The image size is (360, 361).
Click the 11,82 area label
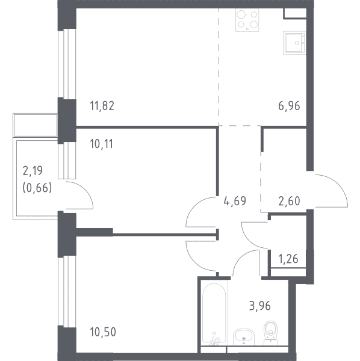coord(102,106)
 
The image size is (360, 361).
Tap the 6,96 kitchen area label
coord(289,106)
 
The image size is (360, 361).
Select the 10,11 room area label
coord(102,144)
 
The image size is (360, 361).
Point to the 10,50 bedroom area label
coord(103,332)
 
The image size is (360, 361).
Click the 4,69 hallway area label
coord(235,201)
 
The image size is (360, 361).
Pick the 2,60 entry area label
coord(289,201)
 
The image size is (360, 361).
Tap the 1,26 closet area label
coord(288,259)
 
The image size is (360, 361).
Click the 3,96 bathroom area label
coord(260,306)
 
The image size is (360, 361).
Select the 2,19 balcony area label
coord(33,171)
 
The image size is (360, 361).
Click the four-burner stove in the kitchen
coord(247,20)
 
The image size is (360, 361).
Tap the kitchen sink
coord(294,43)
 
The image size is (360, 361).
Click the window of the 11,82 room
coord(67,64)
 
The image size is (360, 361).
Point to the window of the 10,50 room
coord(67,292)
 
